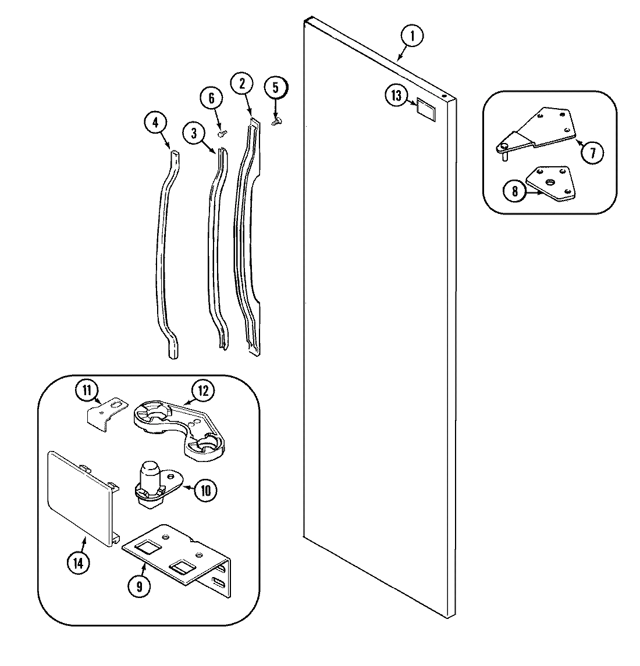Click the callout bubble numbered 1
[x=411, y=37]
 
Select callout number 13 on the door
[x=396, y=95]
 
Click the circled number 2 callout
[x=241, y=83]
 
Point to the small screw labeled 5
[x=277, y=120]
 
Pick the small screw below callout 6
[x=222, y=133]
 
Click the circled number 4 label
[x=155, y=122]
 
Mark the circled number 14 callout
[x=77, y=562]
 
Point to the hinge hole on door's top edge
[x=445, y=97]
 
